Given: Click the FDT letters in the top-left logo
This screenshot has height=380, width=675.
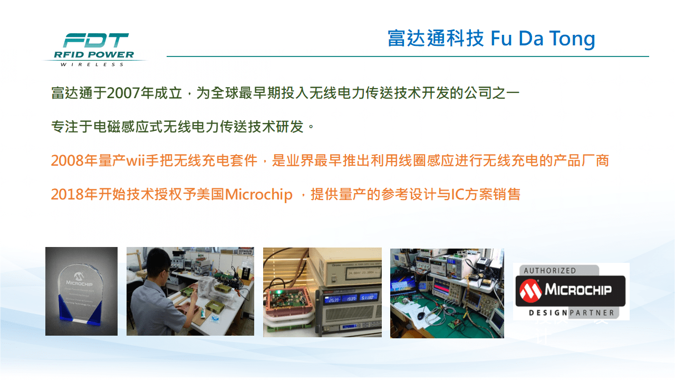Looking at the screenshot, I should coord(95,41).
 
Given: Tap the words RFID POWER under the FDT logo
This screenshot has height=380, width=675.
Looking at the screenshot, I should coord(94,55).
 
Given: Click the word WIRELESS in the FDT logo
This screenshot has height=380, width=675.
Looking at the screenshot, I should coord(92,64).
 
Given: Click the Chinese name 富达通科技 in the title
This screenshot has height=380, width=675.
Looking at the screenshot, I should coord(436,39).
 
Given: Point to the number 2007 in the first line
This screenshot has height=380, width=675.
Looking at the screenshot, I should coord(123,93).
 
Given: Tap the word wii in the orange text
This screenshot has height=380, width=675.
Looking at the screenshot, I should coord(136,160).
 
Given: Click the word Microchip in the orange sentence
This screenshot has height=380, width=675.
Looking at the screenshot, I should coord(258,194).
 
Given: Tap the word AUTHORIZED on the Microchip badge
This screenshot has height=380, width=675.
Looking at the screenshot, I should coord(550,271).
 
